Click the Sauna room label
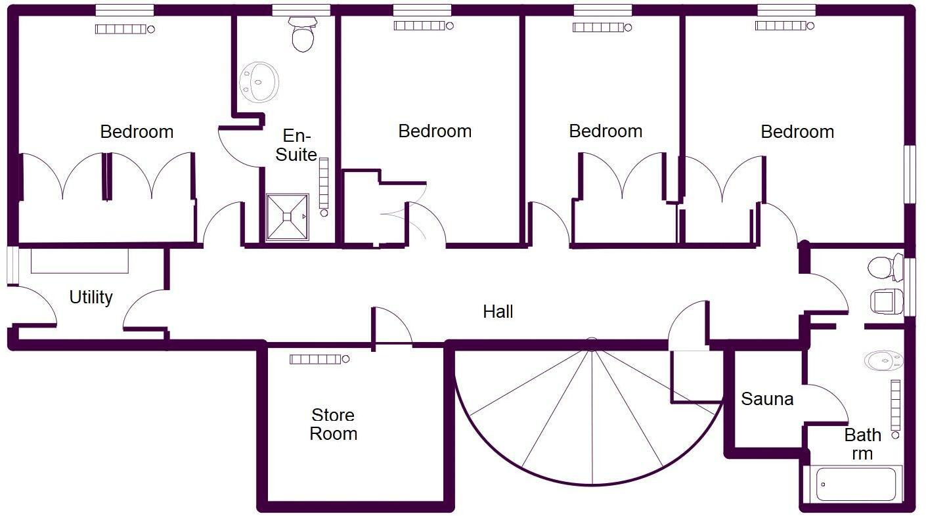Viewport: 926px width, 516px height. pyautogui.click(x=767, y=399)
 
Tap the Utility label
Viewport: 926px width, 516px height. pyautogui.click(x=91, y=297)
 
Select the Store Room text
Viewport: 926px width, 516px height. pyautogui.click(x=333, y=424)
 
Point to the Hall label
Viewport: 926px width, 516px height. pyautogui.click(x=498, y=311)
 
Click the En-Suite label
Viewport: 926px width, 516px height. pyautogui.click(x=296, y=145)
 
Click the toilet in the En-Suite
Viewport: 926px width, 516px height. pyautogui.click(x=303, y=34)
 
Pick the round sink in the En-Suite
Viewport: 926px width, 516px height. pyautogui.click(x=259, y=82)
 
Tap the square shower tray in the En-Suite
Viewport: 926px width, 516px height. pyautogui.click(x=287, y=217)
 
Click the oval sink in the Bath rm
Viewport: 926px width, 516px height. pyautogui.click(x=883, y=360)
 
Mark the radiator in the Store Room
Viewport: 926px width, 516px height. pyautogui.click(x=320, y=359)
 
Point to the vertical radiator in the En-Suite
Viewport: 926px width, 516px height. pyautogui.click(x=324, y=186)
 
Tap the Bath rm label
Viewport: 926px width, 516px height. pyautogui.click(x=862, y=444)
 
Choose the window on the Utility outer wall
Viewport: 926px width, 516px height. pyautogui.click(x=13, y=266)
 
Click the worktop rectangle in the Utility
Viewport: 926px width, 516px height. pyautogui.click(x=79, y=261)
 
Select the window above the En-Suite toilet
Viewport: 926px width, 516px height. pyautogui.click(x=301, y=10)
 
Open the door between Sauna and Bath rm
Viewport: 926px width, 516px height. pyautogui.click(x=826, y=404)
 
